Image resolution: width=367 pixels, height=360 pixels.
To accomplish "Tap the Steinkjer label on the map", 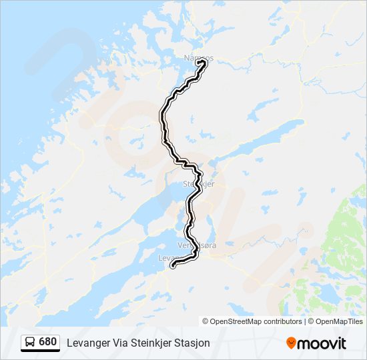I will (198, 184).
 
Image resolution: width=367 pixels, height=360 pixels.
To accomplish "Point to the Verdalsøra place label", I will (197, 245).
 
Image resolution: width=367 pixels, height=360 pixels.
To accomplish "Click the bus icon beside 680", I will (30, 342).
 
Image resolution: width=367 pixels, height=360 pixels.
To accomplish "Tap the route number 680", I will (48, 342).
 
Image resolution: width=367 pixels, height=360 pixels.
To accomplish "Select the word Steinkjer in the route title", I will (155, 343).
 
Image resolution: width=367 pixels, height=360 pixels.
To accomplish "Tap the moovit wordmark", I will (323, 343).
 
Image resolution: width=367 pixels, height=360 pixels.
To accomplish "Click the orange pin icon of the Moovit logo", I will (292, 343).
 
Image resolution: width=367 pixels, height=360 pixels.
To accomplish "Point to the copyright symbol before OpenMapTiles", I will (312, 321).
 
